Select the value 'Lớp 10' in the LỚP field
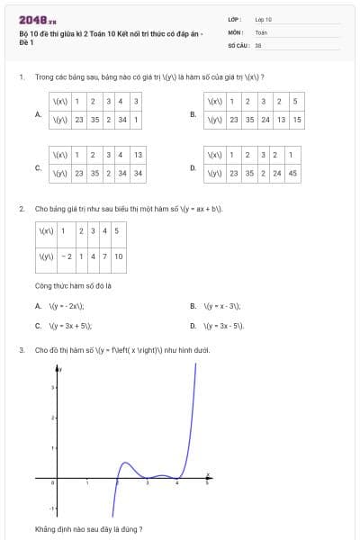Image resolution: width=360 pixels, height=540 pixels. [264, 18]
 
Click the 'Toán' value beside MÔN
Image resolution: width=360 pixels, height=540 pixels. [261, 31]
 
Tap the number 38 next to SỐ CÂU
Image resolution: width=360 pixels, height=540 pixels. [258, 44]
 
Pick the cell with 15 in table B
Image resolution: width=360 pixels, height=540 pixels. [297, 119]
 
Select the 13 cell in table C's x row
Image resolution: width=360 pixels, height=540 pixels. [138, 156]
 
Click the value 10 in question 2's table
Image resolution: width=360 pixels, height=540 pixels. [119, 256]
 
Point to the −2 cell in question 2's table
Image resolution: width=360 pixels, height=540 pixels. [67, 256]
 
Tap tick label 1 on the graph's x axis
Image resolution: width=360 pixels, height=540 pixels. [86, 486]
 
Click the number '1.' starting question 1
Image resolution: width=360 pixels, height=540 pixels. [21, 77]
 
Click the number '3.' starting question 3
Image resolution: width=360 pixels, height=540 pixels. [21, 349]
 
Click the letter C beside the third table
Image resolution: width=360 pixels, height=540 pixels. [37, 167]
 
